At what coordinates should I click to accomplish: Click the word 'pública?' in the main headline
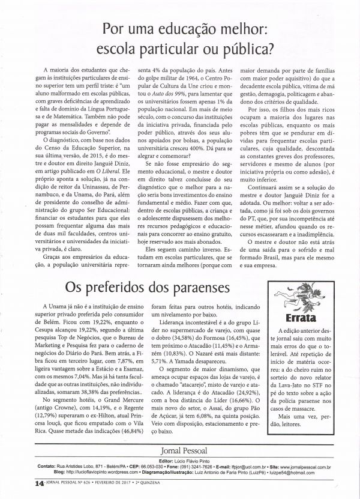coord(243,46)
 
